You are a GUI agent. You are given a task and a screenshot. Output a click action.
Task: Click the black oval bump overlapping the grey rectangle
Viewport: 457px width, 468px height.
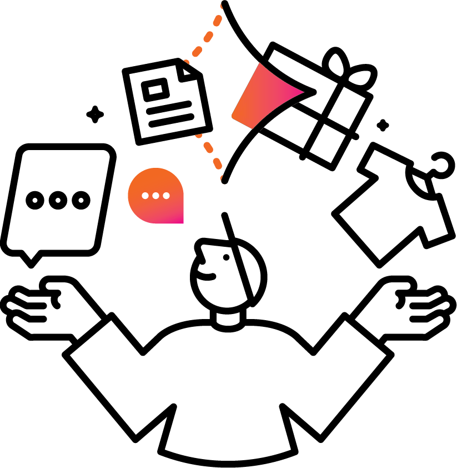coord(335,58)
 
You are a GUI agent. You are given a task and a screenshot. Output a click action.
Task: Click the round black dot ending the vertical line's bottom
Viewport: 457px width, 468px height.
coord(225,180)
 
